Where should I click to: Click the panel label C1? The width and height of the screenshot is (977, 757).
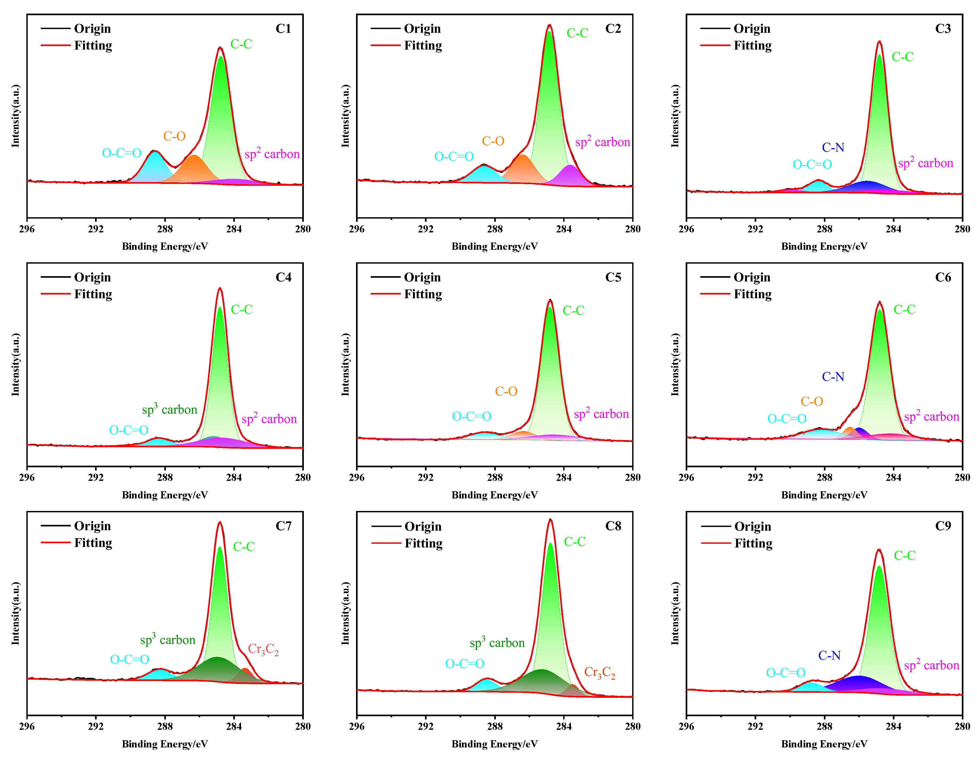pos(283,29)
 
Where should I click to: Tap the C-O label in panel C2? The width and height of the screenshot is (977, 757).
pos(493,141)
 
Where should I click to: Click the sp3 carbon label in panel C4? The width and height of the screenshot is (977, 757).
pos(170,409)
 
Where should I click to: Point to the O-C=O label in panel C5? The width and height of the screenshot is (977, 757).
pos(472,416)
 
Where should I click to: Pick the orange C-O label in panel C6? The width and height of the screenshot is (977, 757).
pos(811,401)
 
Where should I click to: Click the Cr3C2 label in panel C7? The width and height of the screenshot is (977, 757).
pos(263,649)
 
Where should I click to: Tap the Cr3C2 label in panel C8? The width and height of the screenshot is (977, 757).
pos(599,673)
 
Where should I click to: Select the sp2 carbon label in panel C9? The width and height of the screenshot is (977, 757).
pos(931,665)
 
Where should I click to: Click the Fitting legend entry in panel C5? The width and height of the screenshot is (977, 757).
pos(423,294)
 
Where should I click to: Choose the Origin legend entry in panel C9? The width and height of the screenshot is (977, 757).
pos(753,526)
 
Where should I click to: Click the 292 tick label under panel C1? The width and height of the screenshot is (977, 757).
pos(96,229)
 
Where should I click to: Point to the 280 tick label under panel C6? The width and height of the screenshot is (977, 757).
pos(962,477)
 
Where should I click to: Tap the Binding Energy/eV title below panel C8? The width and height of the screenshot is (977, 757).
pos(494,744)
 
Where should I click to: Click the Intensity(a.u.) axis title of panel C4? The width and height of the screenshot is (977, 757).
pos(16,364)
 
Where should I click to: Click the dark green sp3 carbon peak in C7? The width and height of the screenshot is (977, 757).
pos(216,668)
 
